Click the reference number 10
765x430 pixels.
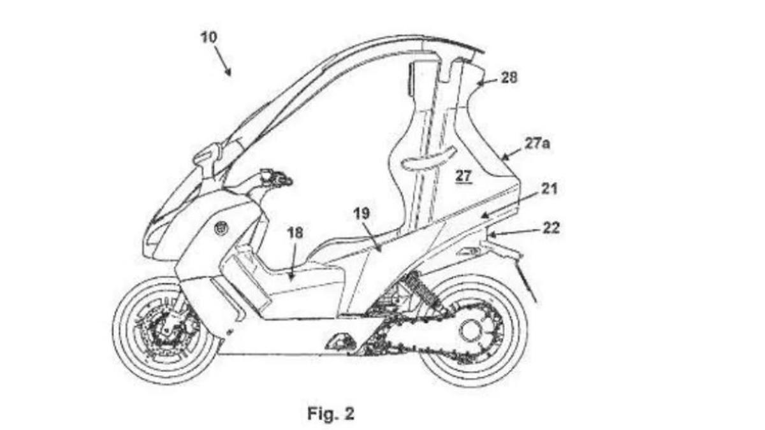click(208, 37)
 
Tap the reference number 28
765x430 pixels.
click(509, 78)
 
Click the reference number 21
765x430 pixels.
click(548, 189)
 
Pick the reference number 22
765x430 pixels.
click(550, 227)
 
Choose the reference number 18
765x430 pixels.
click(295, 233)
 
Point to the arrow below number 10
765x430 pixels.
click(222, 64)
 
